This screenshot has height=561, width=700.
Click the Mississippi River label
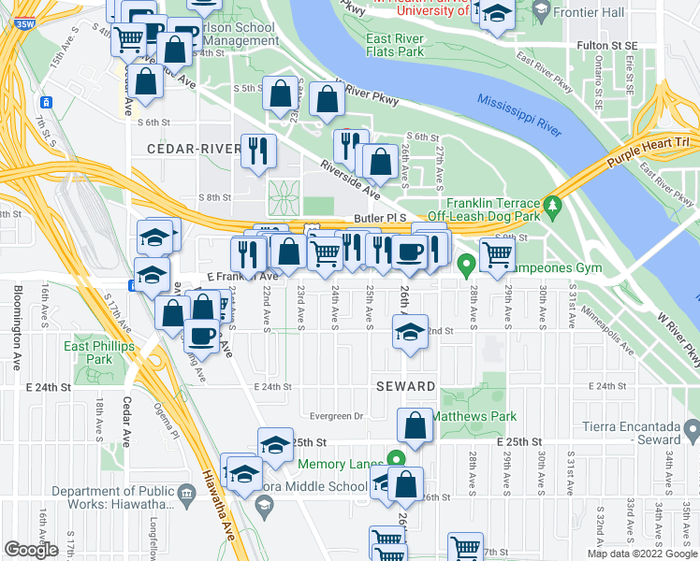[x=518, y=115]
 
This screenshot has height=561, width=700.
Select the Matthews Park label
[x=476, y=417]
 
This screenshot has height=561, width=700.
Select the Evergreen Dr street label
[x=335, y=417]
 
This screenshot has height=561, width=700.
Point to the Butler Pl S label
[x=383, y=217]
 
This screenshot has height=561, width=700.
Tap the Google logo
[x=31, y=550]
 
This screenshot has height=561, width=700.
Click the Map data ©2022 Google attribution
[x=642, y=554]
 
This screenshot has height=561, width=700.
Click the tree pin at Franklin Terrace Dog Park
[x=553, y=203]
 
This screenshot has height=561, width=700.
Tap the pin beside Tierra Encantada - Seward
[x=691, y=432]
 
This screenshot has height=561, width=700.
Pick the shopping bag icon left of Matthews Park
[x=415, y=426]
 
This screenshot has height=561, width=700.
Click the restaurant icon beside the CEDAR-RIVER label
[x=258, y=150]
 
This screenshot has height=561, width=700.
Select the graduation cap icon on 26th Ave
[x=409, y=332]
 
